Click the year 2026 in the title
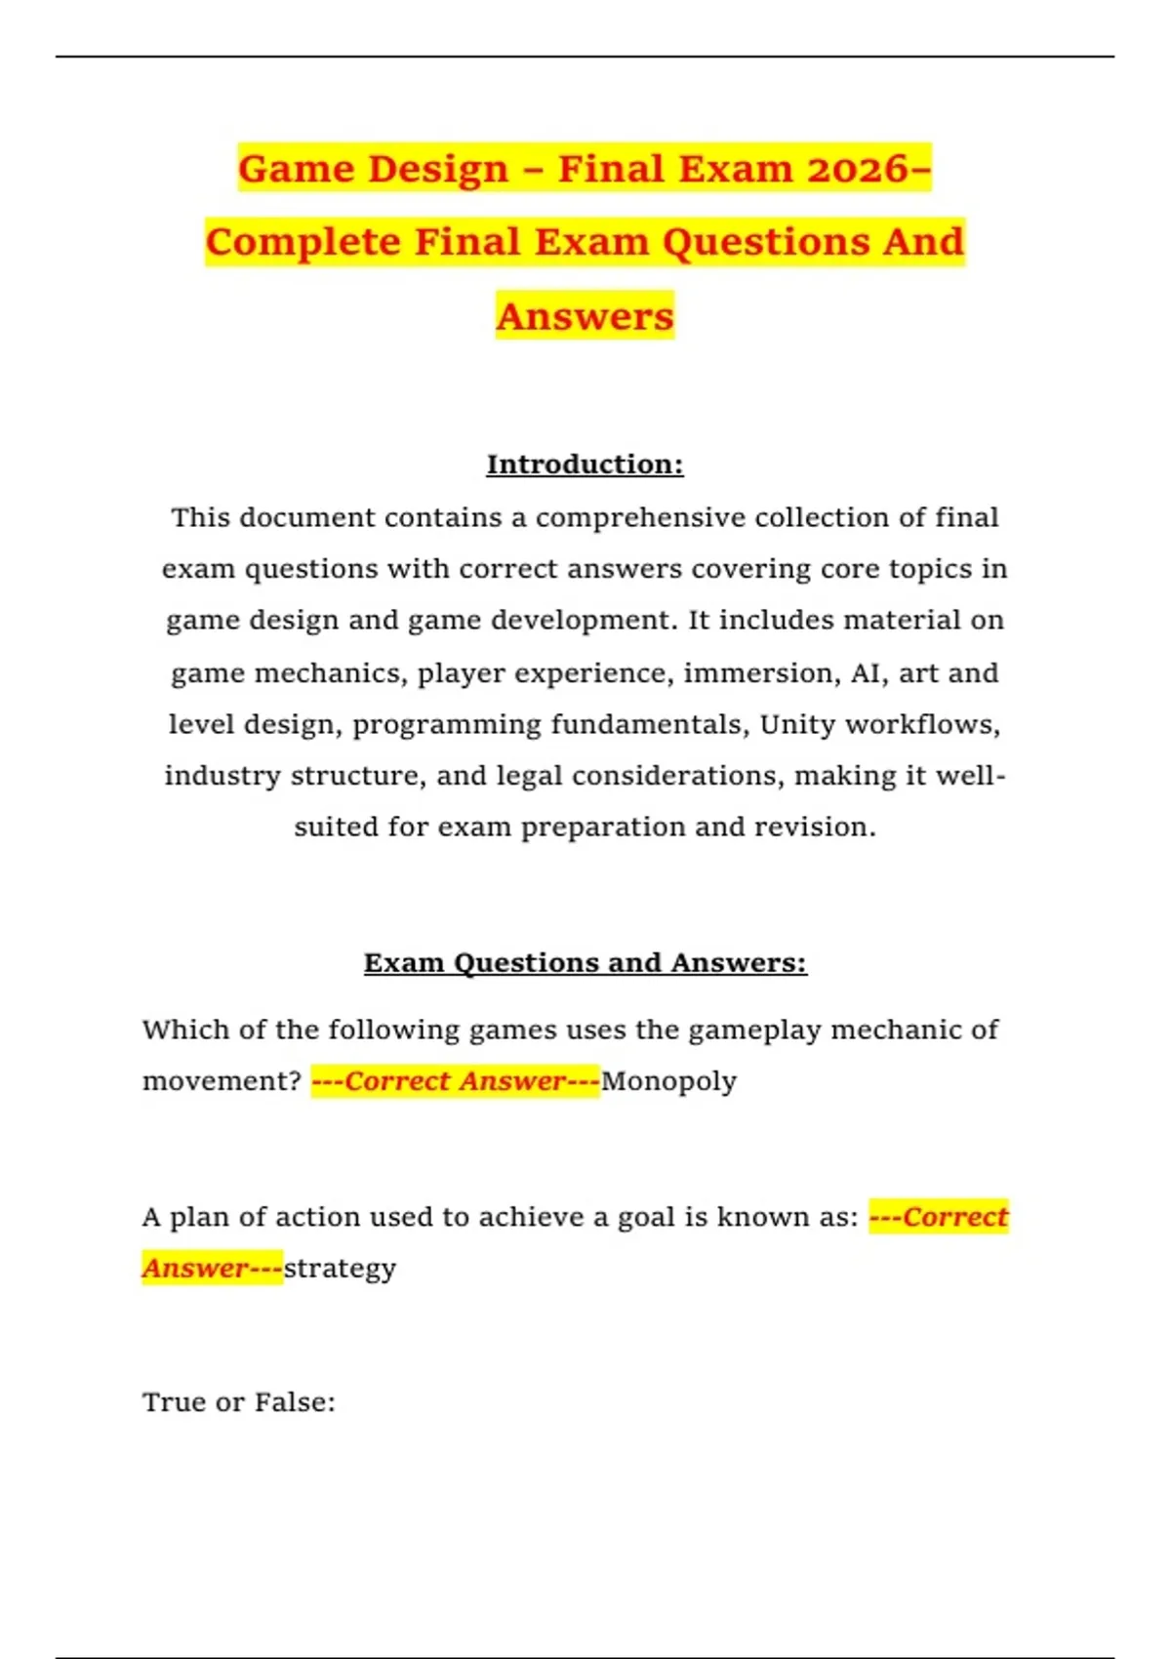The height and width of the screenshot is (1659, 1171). point(857,169)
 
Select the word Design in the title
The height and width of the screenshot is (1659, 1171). point(438,169)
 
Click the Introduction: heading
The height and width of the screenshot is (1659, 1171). point(585,465)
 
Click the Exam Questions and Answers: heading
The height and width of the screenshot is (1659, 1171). point(585,963)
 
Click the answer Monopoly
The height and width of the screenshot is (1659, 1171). point(668,1081)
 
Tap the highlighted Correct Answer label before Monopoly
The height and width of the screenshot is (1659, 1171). point(455,1081)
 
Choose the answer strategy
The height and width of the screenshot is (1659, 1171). point(340,1269)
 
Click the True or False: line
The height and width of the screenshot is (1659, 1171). point(238,1402)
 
